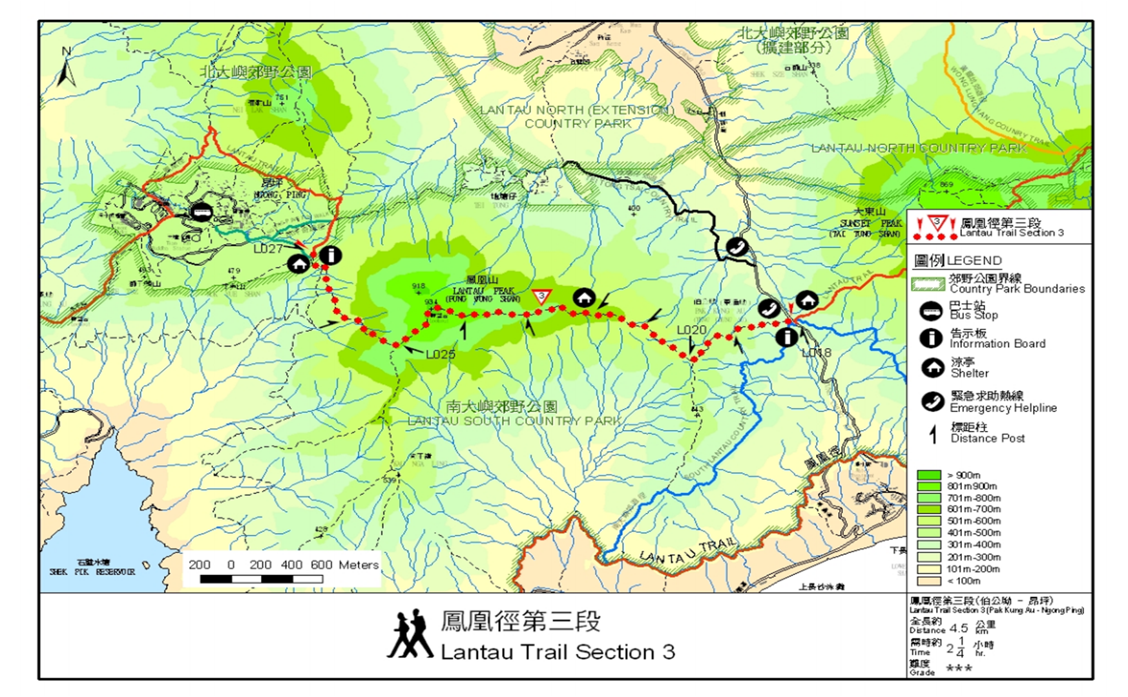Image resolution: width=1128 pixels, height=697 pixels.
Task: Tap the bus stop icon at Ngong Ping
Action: pos(202,212)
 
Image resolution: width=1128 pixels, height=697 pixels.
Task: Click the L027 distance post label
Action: pos(268,249)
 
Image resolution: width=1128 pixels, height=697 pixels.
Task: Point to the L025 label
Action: pos(441,354)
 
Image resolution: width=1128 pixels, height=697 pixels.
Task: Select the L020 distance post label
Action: pos(691,330)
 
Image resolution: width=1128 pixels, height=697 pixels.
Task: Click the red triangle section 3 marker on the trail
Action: pos(541,297)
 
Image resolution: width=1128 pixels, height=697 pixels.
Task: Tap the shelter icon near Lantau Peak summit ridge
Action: pos(584,298)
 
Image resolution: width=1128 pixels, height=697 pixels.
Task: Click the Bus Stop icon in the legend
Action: pos(931,311)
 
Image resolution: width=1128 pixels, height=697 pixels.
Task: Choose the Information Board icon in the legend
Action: pos(931,338)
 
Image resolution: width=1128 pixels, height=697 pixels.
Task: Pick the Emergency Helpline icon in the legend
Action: pos(932,401)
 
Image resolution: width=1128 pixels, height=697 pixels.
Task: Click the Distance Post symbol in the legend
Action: pos(933,434)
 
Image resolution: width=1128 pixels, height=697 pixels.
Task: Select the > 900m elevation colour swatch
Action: pos(928,475)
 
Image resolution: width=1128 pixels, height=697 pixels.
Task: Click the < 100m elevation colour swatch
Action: pos(928,581)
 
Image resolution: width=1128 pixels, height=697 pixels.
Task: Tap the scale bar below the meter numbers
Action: pos(261,579)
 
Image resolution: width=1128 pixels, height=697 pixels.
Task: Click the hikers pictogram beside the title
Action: pos(410,634)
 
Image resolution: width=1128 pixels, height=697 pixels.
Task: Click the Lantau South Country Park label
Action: pos(513,421)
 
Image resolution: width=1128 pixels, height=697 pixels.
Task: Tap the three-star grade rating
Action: pos(959,668)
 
